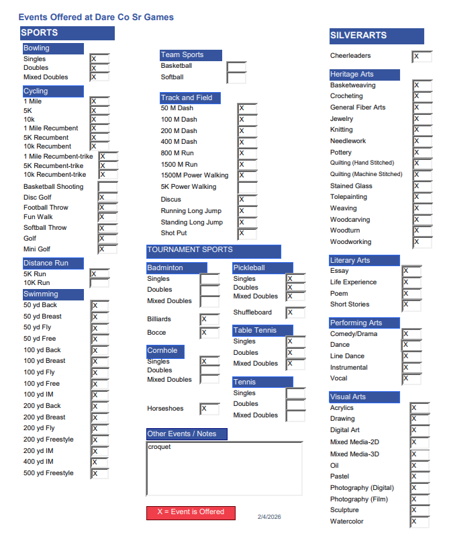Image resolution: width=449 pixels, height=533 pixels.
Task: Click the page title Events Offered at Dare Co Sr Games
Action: (96, 17)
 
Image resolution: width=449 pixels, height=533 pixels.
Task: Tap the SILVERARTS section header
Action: (376, 36)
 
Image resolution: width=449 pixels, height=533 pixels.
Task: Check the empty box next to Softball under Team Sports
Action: (236, 78)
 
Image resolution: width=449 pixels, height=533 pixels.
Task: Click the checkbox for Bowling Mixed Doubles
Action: (99, 77)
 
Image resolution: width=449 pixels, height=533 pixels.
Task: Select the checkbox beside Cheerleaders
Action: (421, 56)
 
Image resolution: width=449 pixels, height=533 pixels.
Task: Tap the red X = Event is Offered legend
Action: (191, 512)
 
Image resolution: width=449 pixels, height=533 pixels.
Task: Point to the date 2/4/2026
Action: (269, 517)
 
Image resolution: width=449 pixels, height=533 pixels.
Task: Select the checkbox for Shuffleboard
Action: (295, 313)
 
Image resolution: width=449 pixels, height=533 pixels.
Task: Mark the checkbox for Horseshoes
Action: (209, 409)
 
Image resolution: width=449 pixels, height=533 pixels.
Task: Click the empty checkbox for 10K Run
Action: (99, 283)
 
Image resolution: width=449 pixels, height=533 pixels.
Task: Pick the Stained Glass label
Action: (351, 186)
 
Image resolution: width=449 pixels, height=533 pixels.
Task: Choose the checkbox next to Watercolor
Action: (419, 522)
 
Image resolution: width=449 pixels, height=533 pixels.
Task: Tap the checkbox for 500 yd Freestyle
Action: (99, 474)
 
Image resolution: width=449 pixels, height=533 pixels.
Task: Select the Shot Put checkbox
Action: (247, 234)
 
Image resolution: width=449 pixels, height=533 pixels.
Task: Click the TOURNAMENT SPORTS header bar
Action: (213, 251)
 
